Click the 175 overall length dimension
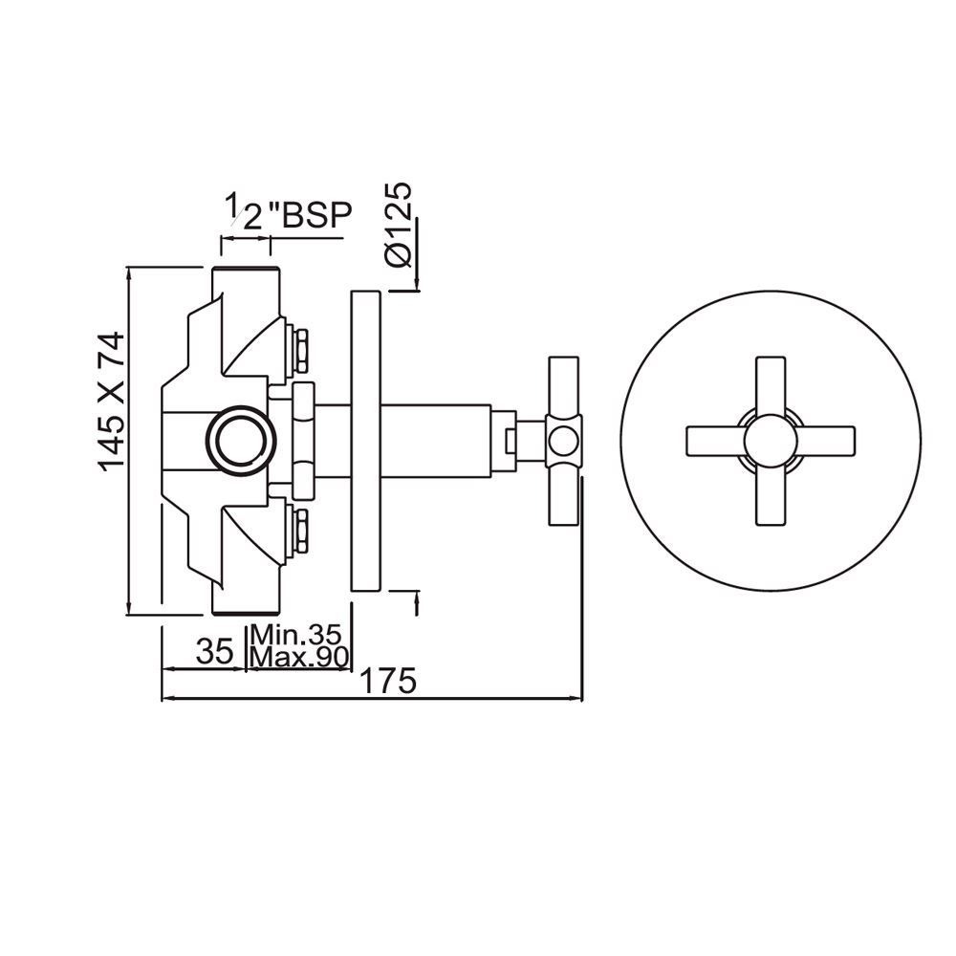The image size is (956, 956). tap(387, 683)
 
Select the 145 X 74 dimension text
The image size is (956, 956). tap(112, 400)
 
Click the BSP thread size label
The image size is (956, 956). tap(287, 212)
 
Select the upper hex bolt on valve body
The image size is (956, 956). tap(297, 348)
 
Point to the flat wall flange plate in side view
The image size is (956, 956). tap(367, 442)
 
